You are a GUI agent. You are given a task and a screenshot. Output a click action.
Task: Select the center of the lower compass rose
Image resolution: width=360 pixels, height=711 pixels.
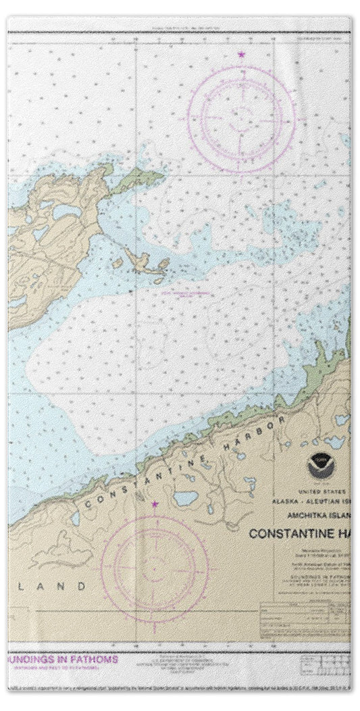point(155,560)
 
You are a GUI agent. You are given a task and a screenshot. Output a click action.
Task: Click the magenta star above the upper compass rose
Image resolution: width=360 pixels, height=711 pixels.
point(241,53)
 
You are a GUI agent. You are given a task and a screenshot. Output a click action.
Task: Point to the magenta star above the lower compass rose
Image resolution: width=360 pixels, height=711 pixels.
point(155,504)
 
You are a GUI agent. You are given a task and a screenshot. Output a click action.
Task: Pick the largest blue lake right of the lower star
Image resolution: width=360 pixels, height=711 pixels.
point(184,499)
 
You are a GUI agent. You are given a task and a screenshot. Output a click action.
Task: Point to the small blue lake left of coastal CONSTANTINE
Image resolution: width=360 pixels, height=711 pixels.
point(74,518)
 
